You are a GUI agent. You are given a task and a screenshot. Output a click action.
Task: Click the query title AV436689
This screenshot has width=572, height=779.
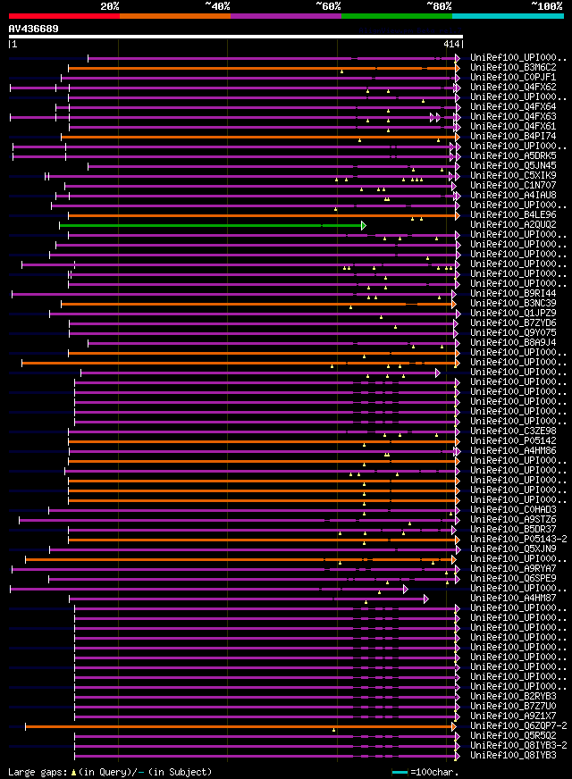(x=34, y=29)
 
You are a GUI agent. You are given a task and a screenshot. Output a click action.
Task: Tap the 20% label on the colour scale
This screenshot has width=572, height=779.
(x=110, y=6)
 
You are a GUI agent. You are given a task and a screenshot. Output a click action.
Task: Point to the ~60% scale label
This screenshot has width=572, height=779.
(x=328, y=6)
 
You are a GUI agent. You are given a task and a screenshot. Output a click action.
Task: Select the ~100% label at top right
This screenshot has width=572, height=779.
(x=546, y=6)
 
